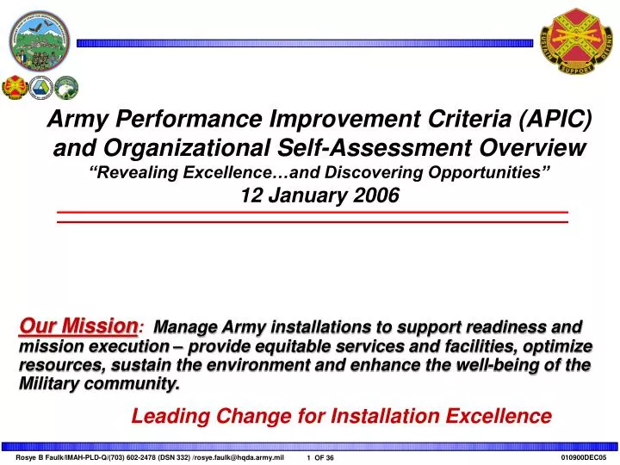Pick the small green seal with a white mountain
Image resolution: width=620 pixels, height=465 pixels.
[x=66, y=87]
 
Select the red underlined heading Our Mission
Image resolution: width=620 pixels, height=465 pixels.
[x=77, y=325]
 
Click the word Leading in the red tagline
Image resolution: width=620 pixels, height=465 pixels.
[x=167, y=417]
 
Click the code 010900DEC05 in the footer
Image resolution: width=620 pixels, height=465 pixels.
[x=584, y=457]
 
